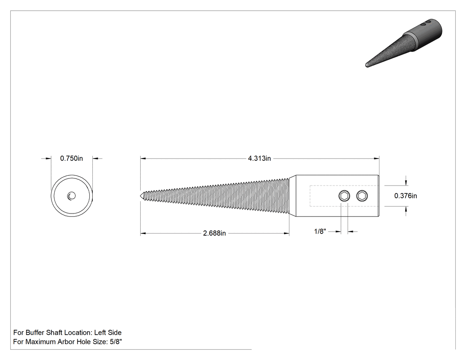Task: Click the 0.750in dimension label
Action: click(71, 158)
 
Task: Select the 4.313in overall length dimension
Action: click(260, 158)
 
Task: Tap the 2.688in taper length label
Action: click(214, 233)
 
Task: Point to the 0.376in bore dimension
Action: click(405, 196)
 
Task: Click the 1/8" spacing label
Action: click(320, 231)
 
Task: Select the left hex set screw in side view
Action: click(344, 196)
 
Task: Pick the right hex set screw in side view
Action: click(362, 196)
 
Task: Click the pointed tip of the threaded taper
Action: click(141, 196)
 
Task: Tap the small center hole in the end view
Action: click(71, 196)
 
